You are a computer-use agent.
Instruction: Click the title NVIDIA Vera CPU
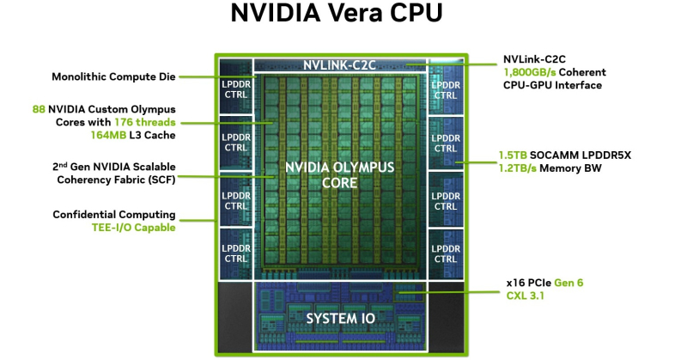point(337,13)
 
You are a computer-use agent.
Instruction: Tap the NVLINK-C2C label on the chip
point(339,65)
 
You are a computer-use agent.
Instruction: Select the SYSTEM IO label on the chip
point(340,319)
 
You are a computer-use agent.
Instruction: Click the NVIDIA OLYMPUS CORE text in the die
point(339,175)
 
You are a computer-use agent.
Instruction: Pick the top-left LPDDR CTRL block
point(236,87)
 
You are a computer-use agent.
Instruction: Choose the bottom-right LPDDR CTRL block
point(446,253)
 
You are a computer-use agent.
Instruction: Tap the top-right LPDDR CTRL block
point(446,88)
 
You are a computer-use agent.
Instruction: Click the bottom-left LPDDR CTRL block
point(236,253)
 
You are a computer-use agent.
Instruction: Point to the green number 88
point(39,109)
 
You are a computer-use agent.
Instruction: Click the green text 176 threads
point(145,122)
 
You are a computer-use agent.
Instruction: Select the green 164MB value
point(108,135)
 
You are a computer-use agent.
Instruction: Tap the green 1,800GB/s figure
point(529,72)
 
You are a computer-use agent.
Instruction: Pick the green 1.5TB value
point(513,156)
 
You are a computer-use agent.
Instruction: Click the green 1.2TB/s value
point(518,168)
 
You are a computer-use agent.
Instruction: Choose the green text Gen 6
point(568,283)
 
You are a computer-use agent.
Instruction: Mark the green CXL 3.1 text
point(525,296)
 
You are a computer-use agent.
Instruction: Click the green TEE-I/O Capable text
point(134,228)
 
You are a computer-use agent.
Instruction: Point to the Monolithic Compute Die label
point(113,76)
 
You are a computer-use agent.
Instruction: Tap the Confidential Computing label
point(114,215)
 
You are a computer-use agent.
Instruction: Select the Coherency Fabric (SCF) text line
point(116,180)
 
